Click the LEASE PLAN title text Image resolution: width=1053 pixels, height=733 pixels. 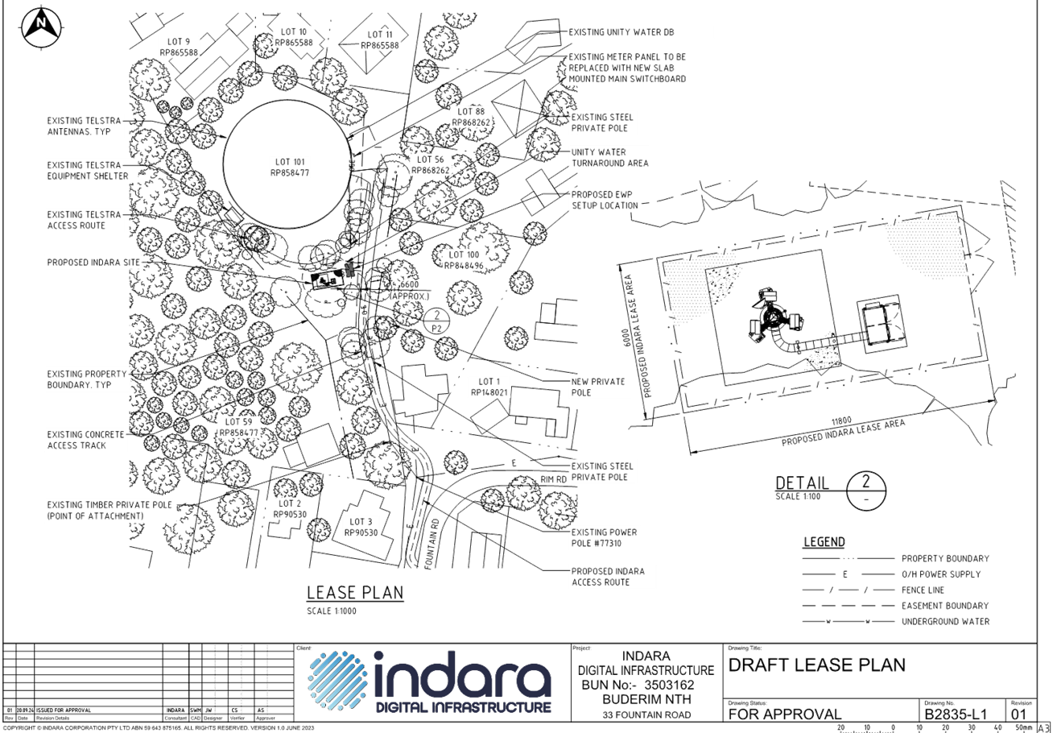pos(355,593)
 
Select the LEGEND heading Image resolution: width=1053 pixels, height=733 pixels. pos(824,542)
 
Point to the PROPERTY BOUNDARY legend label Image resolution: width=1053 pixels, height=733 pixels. pos(944,558)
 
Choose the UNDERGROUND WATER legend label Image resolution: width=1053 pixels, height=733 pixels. pos(944,622)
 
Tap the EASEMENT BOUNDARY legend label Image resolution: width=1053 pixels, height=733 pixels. pos(944,606)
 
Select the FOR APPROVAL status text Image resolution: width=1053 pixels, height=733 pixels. pos(785,714)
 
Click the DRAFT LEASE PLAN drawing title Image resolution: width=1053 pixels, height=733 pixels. pos(816,665)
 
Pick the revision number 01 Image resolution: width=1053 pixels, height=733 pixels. pos(1018,713)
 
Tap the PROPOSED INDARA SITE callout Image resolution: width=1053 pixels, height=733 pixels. pos(94,263)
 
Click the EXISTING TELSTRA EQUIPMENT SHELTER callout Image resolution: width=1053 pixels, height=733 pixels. pos(87,170)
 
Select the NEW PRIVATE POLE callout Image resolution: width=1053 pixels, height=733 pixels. pos(598,387)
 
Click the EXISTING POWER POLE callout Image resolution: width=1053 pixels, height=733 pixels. pos(593,537)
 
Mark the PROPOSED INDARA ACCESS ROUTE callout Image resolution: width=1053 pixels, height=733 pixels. pos(601,576)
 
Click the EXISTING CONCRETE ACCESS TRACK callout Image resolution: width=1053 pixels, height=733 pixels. pos(86,439)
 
